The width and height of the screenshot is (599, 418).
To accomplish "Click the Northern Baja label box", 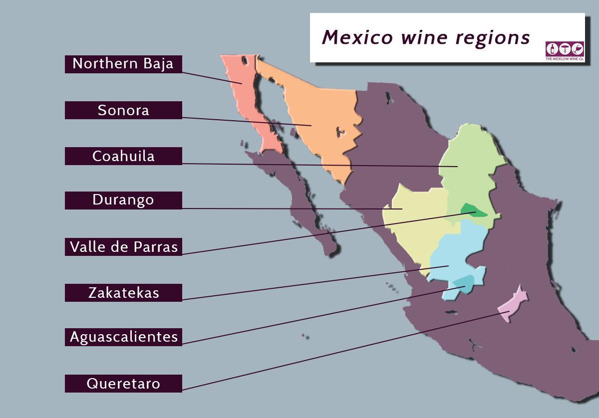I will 123,64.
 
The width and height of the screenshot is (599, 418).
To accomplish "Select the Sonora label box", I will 123,110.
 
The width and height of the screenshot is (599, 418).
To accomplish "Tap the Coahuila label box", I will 123,156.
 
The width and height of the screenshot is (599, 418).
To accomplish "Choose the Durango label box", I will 123,200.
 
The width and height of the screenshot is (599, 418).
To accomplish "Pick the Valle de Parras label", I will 123,247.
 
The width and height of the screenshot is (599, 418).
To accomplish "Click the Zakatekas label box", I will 123,293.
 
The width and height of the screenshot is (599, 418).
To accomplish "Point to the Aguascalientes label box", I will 123,337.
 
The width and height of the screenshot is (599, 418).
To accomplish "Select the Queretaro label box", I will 123,384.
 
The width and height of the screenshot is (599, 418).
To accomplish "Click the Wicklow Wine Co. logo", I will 565,50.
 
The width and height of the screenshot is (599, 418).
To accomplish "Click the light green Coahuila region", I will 469,160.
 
